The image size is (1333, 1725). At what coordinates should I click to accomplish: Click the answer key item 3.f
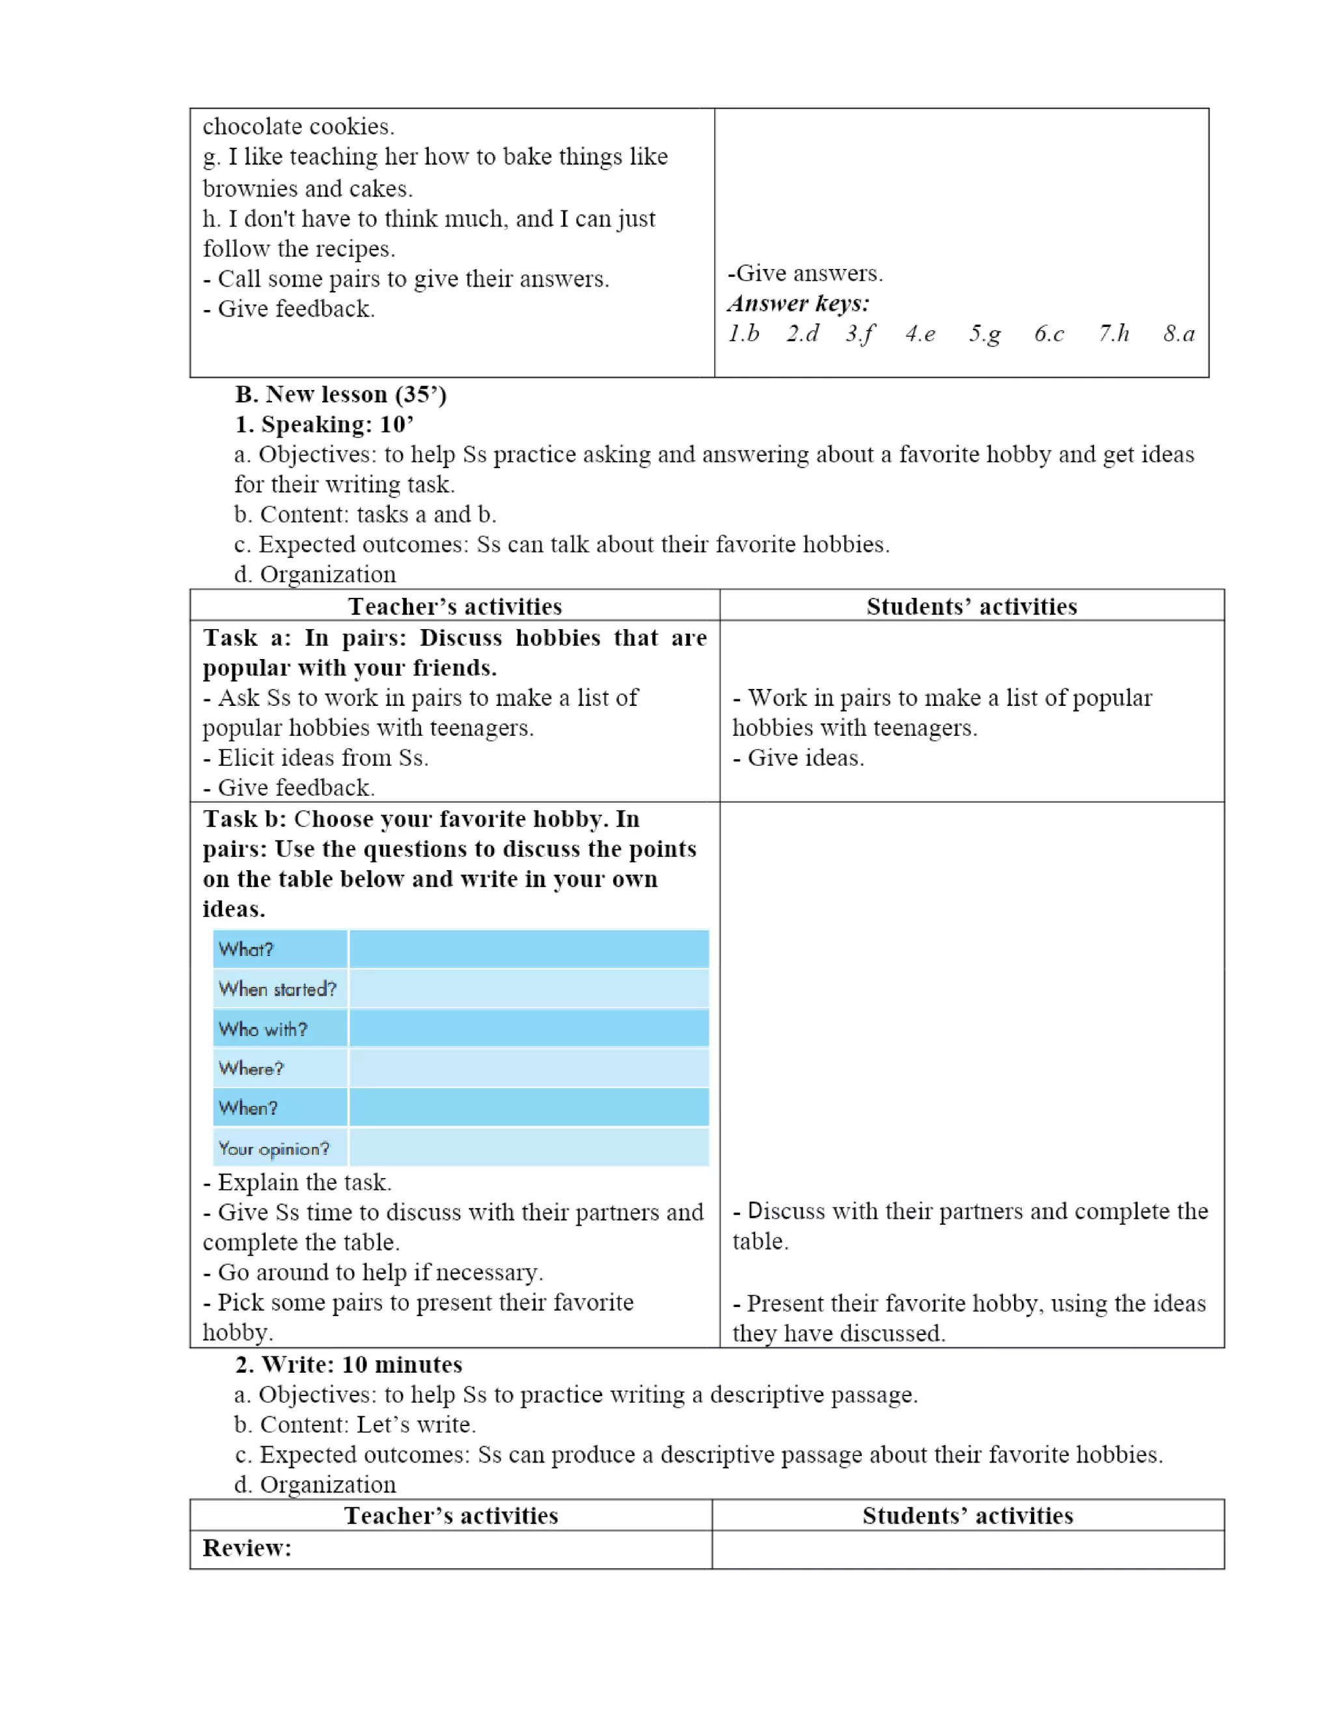click(x=859, y=334)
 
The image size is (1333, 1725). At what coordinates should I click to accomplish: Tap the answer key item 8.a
click(x=1178, y=334)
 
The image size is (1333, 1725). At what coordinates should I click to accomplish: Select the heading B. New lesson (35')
click(x=340, y=394)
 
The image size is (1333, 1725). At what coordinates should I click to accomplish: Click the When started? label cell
click(x=277, y=989)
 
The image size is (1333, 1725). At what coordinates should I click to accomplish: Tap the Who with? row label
click(x=263, y=1029)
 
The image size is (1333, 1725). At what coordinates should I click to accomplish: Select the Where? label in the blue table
click(x=251, y=1069)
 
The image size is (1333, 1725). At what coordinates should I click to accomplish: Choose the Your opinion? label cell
click(x=273, y=1149)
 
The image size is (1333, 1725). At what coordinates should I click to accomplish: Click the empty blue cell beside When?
click(x=529, y=1108)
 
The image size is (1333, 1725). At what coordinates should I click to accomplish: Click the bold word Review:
click(x=247, y=1548)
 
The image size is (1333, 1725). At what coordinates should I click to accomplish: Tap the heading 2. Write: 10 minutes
click(x=348, y=1365)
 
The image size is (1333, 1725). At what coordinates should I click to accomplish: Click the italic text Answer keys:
click(x=797, y=304)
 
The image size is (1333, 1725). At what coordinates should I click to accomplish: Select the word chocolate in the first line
click(x=252, y=126)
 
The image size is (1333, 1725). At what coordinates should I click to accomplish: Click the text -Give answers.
click(x=804, y=273)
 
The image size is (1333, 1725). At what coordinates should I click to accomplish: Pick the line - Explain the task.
click(x=297, y=1183)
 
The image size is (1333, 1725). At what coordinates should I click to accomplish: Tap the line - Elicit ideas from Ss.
click(x=316, y=758)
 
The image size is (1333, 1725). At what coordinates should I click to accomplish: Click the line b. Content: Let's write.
click(x=355, y=1425)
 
